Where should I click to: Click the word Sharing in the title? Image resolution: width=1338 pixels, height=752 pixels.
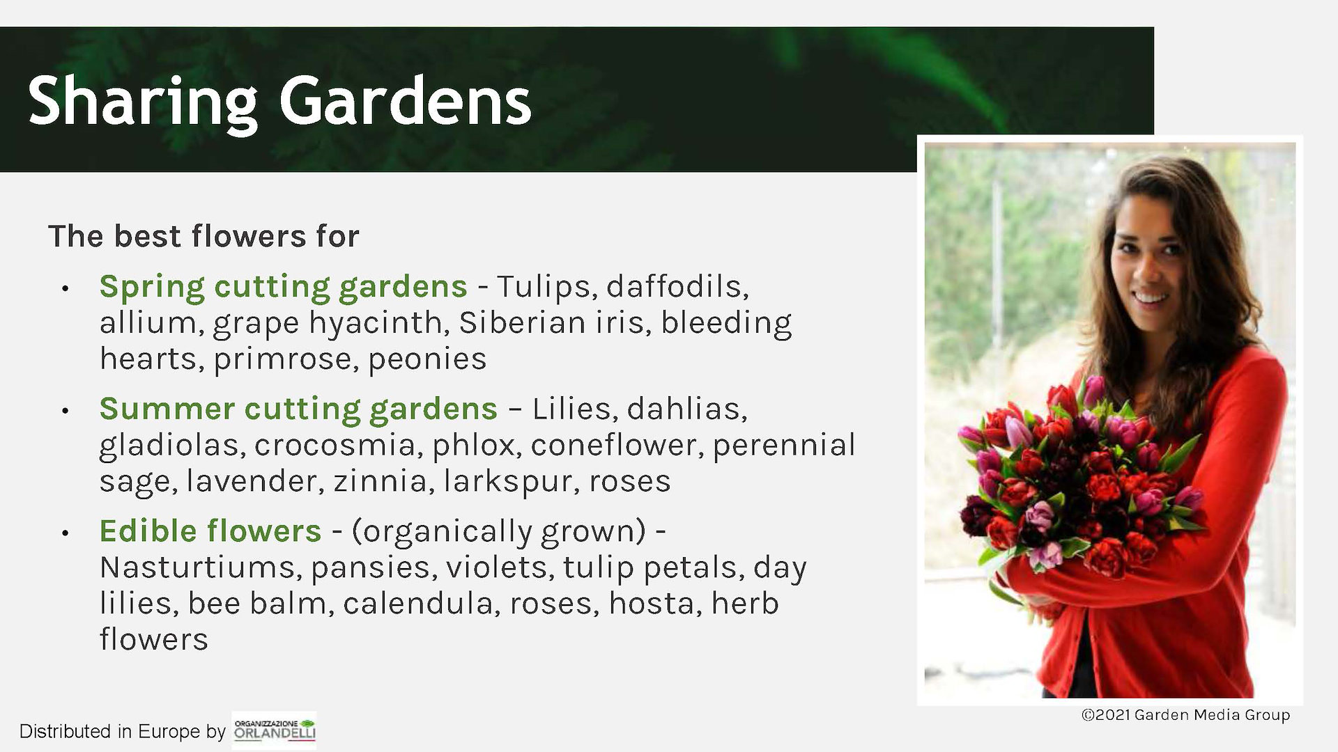(142, 103)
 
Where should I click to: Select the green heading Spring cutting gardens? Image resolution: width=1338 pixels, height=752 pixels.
(283, 287)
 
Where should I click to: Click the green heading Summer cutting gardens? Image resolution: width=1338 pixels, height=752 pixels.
(298, 409)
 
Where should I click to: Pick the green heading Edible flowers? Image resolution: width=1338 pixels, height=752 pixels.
(210, 531)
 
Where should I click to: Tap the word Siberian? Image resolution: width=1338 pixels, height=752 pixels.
(551, 322)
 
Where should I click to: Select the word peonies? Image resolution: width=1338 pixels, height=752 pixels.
(427, 360)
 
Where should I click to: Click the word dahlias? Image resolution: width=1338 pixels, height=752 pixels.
(687, 409)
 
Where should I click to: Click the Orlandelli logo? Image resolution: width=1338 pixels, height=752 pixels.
(275, 730)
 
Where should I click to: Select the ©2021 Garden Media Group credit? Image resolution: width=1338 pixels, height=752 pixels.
(1185, 715)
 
